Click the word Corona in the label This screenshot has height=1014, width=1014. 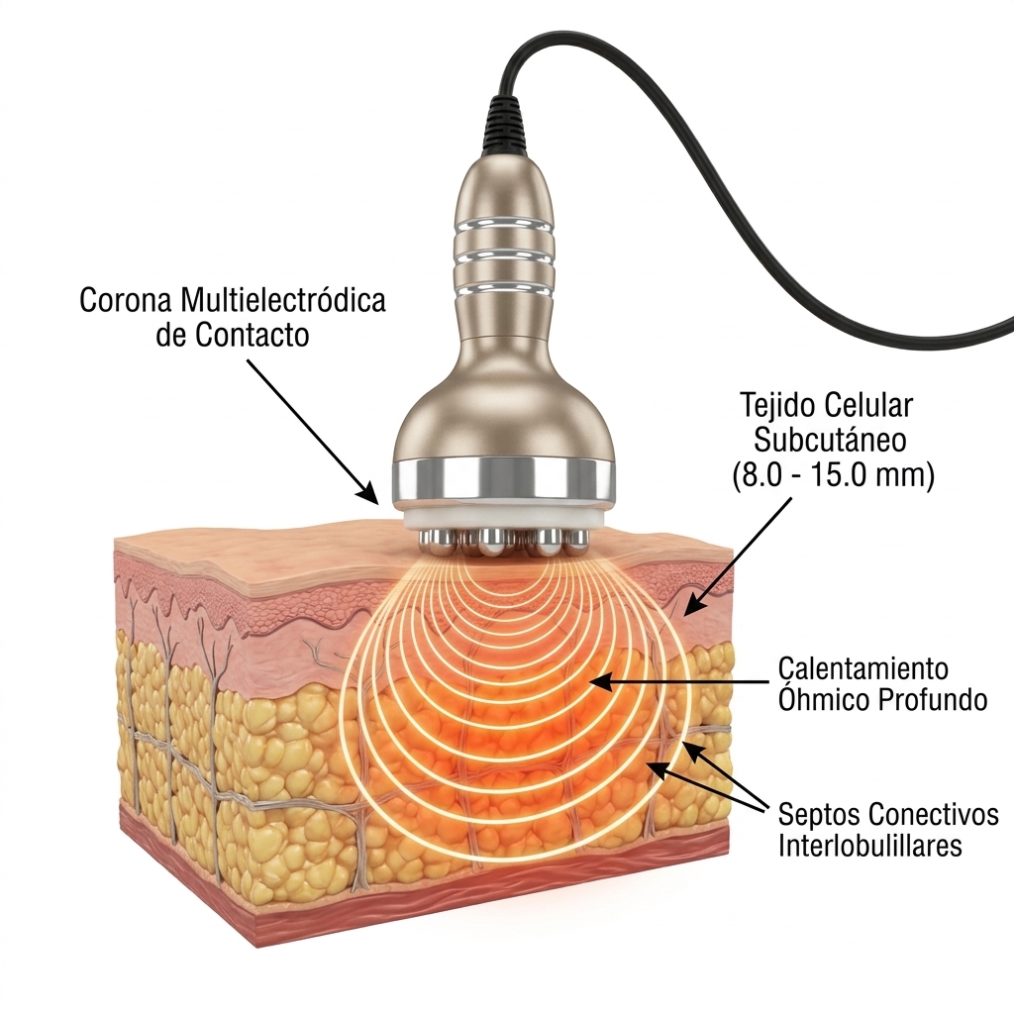tap(125, 300)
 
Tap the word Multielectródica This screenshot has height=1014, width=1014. tap(282, 299)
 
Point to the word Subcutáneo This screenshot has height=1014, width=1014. tap(830, 441)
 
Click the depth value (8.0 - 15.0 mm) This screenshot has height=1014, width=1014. tap(833, 476)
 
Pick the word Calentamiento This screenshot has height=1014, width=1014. tap(862, 667)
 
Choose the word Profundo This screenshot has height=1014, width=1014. tap(932, 700)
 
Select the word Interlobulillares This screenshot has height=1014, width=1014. tap(869, 846)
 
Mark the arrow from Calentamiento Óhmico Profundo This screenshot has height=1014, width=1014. tap(681, 681)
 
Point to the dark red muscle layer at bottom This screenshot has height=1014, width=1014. tap(491, 899)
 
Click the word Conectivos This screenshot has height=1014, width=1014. tap(933, 815)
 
